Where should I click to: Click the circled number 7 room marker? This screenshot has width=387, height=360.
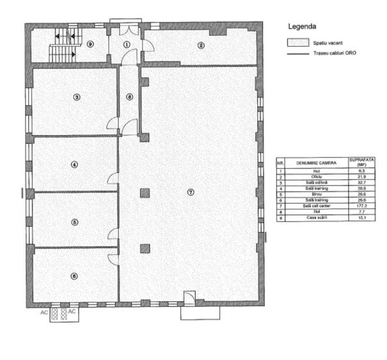190,192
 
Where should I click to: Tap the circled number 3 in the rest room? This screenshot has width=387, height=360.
76,97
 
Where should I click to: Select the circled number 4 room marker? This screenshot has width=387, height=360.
74,164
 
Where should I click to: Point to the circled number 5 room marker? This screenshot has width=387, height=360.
74,222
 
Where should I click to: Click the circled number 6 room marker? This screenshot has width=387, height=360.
74,276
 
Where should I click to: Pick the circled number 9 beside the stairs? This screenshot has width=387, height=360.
90,44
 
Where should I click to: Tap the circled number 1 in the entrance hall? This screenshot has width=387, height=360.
127,44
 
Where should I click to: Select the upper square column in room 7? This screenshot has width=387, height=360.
145,192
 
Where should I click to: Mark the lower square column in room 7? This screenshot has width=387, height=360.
145,249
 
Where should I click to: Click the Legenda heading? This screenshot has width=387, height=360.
302,27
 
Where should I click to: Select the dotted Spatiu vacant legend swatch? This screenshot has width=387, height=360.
296,43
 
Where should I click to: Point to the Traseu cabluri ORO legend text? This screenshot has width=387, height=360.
334,53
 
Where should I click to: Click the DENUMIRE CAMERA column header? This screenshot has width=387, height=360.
315,164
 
